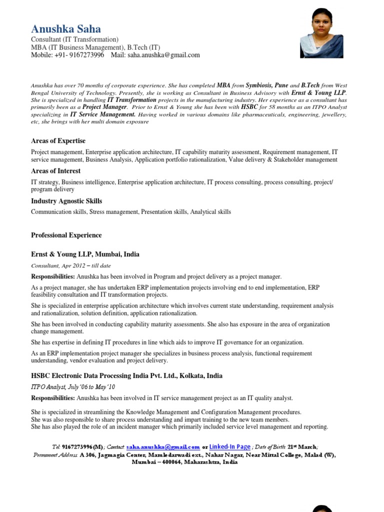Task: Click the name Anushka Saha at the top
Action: click(65, 29)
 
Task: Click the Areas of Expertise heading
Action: click(58, 141)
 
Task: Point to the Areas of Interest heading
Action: click(55, 171)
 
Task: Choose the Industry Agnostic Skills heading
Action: click(66, 201)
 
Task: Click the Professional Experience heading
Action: click(66, 235)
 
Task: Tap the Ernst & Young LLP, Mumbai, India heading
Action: click(85, 254)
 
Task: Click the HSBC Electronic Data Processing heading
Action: click(126, 375)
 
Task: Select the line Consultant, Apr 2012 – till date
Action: click(71, 265)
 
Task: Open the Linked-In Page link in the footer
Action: click(229, 446)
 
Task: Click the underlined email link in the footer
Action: click(163, 447)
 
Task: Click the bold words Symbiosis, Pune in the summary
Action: click(267, 85)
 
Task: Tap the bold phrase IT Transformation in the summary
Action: click(132, 99)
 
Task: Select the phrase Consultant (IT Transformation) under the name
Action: click(74, 39)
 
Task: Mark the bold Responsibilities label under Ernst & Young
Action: click(53, 276)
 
